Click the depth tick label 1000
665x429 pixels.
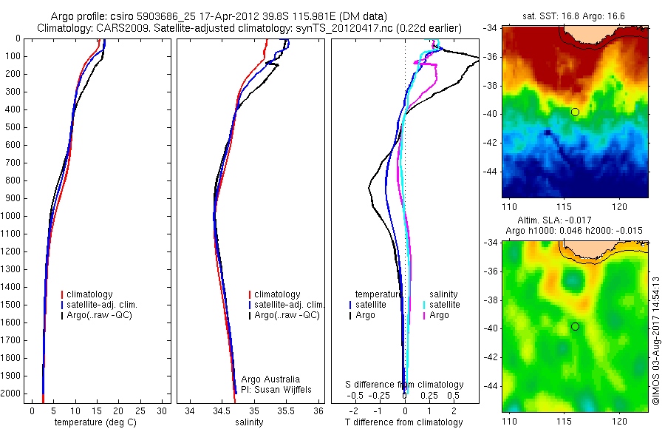(x=11, y=216)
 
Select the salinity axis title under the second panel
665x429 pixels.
(x=248, y=422)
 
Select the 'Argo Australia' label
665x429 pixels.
(x=270, y=379)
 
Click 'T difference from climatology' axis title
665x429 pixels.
(x=404, y=422)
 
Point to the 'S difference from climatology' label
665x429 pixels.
(x=405, y=385)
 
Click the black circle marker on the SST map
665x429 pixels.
(x=575, y=112)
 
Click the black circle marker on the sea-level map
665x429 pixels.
(x=575, y=326)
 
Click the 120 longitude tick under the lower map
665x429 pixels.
(x=619, y=421)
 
